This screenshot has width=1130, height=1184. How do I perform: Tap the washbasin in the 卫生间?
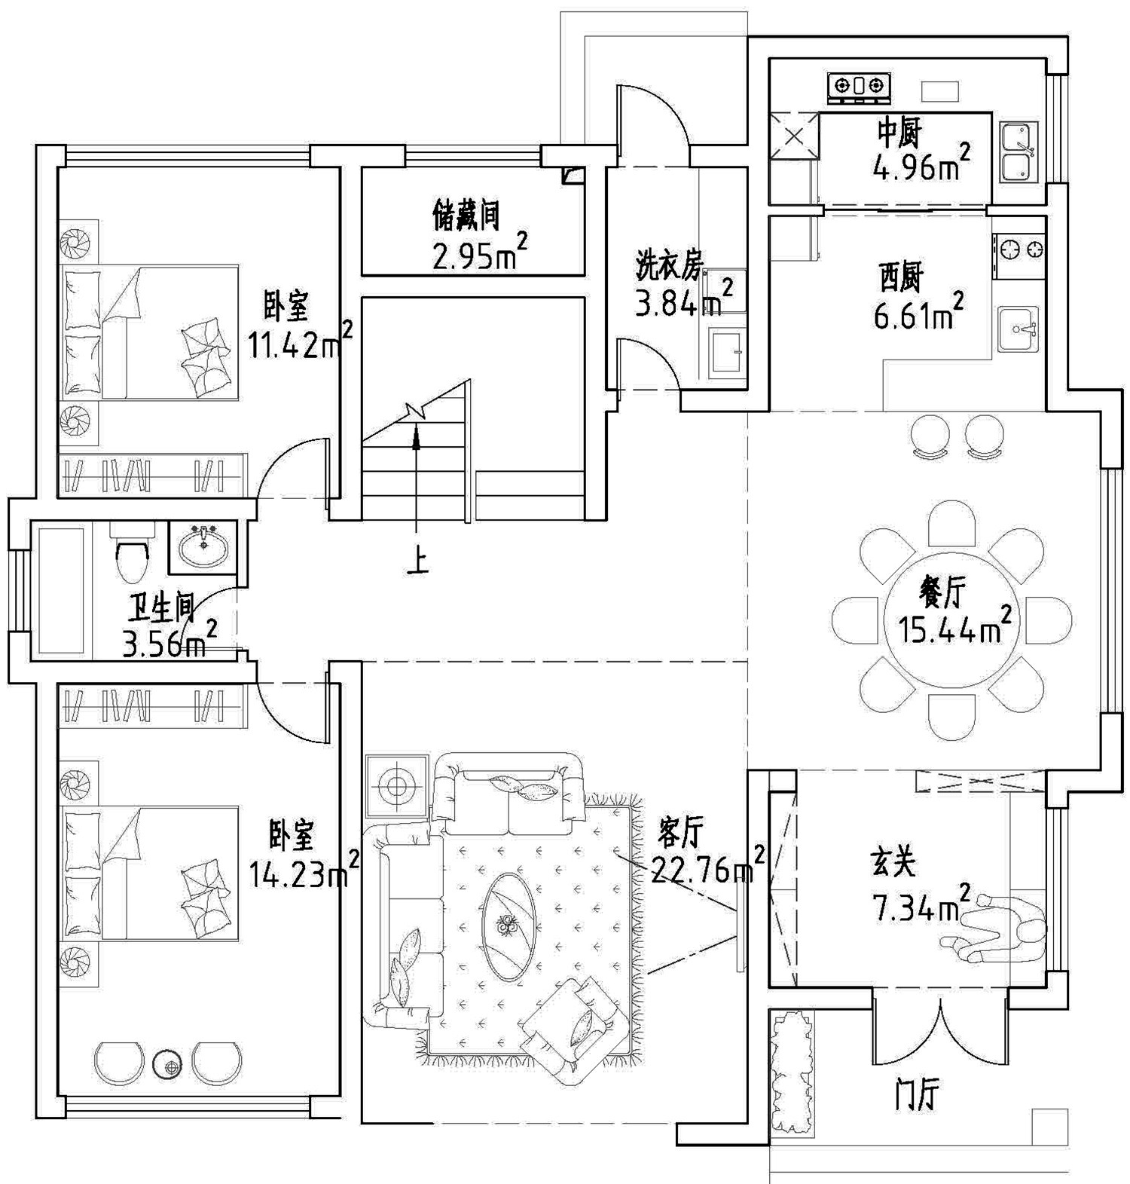click(202, 546)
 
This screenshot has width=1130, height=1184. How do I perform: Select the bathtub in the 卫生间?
click(62, 591)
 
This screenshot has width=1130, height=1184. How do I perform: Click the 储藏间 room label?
click(466, 216)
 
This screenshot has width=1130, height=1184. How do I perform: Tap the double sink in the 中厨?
click(1019, 153)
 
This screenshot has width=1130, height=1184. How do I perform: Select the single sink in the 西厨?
click(1018, 329)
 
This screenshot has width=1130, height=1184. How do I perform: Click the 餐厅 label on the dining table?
click(942, 595)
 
